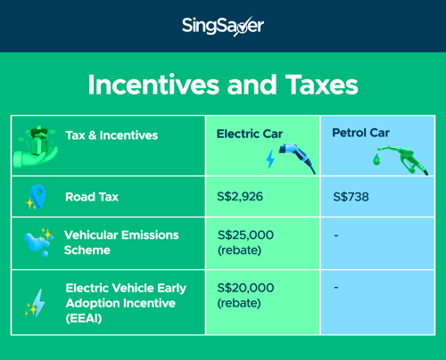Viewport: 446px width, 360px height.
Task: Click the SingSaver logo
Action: coord(223,26)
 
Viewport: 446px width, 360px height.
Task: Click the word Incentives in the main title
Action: coord(153,85)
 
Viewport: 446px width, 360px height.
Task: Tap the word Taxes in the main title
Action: coord(322,85)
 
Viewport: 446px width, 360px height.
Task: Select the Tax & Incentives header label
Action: coord(111,135)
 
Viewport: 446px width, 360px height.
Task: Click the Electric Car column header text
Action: coord(250,134)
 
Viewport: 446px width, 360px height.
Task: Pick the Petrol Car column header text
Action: coord(360,133)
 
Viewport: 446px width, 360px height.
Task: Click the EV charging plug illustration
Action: coord(297,158)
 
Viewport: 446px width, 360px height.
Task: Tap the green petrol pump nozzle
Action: coord(403,160)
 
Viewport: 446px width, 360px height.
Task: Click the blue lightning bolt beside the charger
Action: coord(270,160)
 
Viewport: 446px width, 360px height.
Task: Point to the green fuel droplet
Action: coord(376,160)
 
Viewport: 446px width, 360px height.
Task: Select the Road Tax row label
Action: coord(92,197)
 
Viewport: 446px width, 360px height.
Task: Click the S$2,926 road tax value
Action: coord(240,197)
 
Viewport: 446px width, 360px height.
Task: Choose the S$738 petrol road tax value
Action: coord(351,197)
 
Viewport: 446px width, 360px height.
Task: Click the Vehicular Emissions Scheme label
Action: coord(121,242)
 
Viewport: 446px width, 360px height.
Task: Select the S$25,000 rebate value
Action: coord(245,242)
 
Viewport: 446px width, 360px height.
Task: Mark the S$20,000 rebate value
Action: coord(245,295)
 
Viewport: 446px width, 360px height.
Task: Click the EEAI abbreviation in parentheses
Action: coord(84,318)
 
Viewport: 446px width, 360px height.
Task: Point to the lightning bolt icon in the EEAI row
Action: coord(38,303)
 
